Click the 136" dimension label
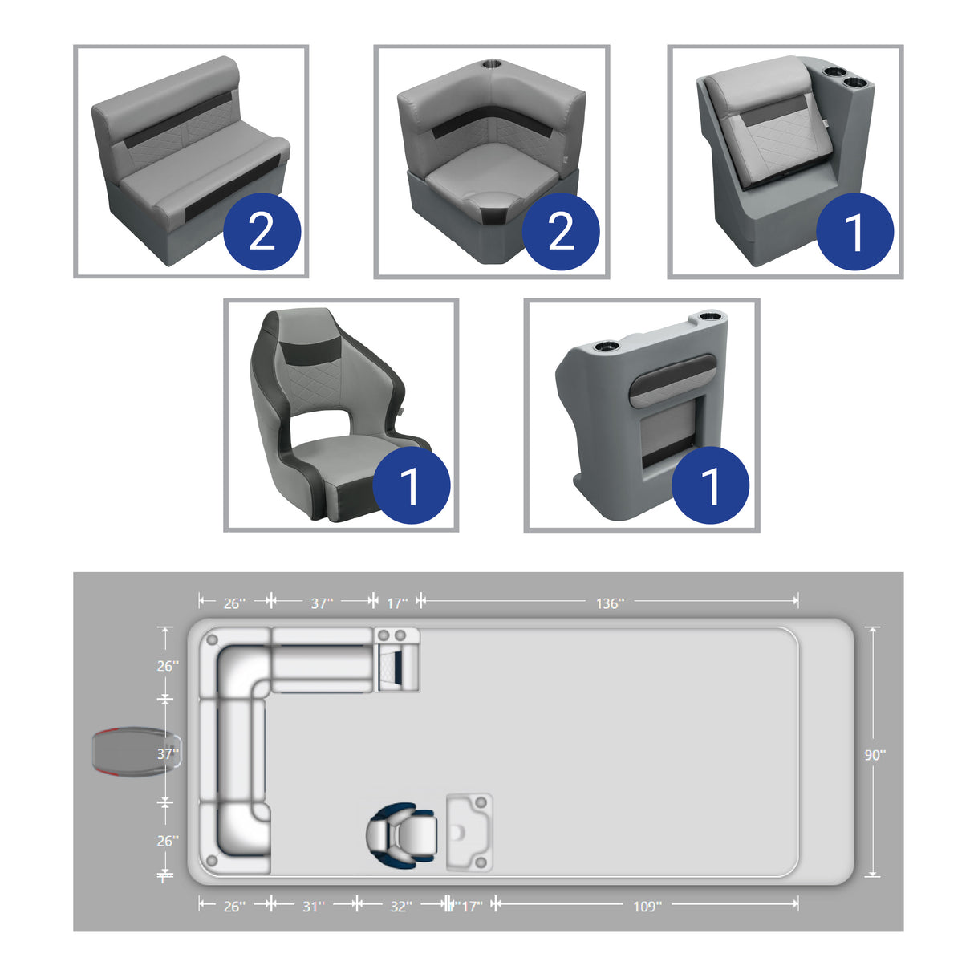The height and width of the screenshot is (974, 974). pyautogui.click(x=609, y=603)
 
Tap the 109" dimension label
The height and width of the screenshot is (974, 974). pyautogui.click(x=647, y=906)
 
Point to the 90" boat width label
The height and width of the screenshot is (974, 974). pyautogui.click(x=874, y=755)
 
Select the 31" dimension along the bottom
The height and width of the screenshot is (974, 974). pyautogui.click(x=313, y=906)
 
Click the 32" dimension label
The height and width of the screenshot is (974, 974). pyautogui.click(x=400, y=906)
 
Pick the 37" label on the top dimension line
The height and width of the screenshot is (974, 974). pyautogui.click(x=322, y=603)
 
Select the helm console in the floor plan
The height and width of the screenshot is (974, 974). pyautogui.click(x=469, y=833)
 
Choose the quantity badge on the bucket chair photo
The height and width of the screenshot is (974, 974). pyautogui.click(x=411, y=485)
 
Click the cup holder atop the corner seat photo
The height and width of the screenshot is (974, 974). pyautogui.click(x=490, y=63)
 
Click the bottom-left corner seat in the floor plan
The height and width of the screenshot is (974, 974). pyautogui.click(x=234, y=838)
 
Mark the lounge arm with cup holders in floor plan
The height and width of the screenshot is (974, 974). pyautogui.click(x=396, y=660)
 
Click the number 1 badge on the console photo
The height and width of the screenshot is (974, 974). pyautogui.click(x=710, y=485)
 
